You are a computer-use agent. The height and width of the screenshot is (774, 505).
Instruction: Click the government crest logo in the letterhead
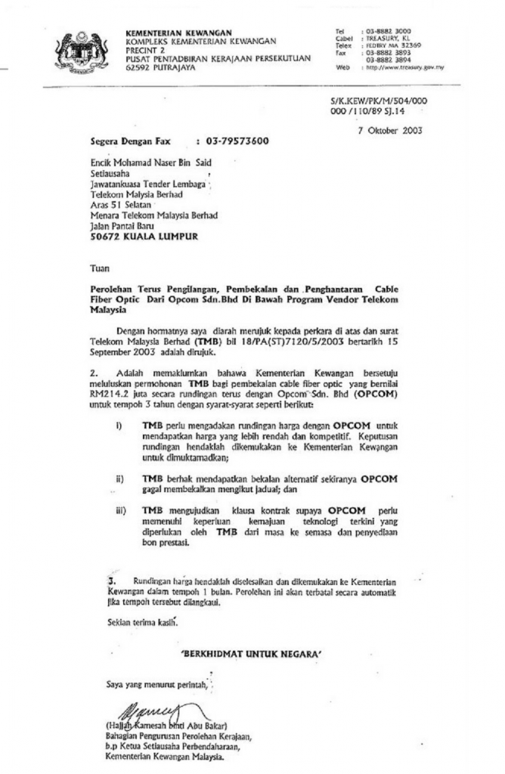pyautogui.click(x=81, y=51)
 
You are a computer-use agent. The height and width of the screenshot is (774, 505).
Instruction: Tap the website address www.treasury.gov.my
pyautogui.click(x=406, y=67)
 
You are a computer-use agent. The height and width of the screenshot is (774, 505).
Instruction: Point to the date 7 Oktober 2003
pyautogui.click(x=390, y=129)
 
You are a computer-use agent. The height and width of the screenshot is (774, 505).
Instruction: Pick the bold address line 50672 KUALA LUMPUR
pyautogui.click(x=144, y=236)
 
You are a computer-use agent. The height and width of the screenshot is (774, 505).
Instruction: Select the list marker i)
pyautogui.click(x=119, y=426)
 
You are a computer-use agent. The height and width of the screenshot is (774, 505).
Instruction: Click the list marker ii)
pyautogui.click(x=119, y=478)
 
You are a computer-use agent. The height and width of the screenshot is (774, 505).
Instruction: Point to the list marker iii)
pyautogui.click(x=120, y=510)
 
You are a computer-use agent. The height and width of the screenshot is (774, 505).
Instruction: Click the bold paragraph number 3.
pyautogui.click(x=110, y=580)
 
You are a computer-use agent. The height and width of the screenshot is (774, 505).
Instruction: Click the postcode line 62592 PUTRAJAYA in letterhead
pyautogui.click(x=161, y=67)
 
